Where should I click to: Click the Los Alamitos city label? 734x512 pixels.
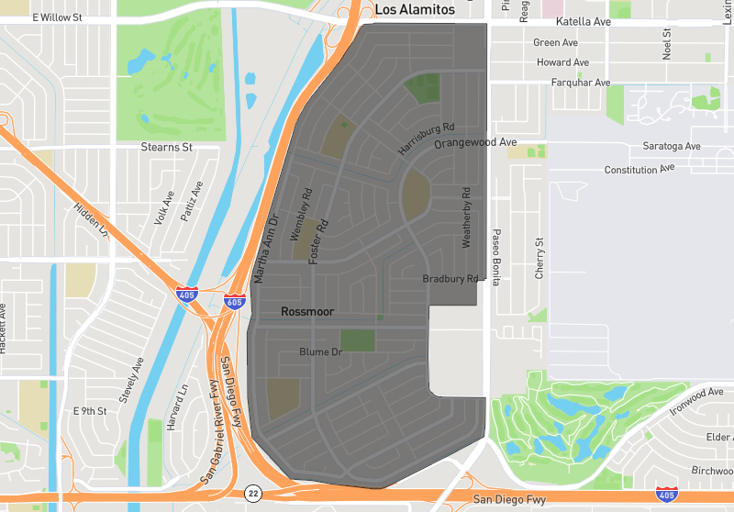pos(415,9)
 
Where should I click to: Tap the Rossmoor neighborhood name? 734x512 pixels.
pos(308,313)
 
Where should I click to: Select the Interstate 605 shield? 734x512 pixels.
pos(234,301)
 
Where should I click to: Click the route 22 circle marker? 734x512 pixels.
pos(253,494)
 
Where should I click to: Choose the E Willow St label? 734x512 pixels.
pos(57,17)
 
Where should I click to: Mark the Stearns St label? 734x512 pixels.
pos(166,147)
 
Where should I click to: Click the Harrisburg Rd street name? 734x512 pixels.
pos(427,138)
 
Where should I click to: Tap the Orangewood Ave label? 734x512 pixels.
pos(475,143)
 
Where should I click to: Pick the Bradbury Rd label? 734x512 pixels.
pos(450,279)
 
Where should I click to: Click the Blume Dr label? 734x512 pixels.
pos(320,351)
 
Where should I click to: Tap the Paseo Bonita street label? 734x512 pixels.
pos(496,257)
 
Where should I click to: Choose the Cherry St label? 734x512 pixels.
pos(539,259)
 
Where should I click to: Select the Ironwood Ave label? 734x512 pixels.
pos(696,402)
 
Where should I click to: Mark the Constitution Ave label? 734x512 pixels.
pos(639,170)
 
